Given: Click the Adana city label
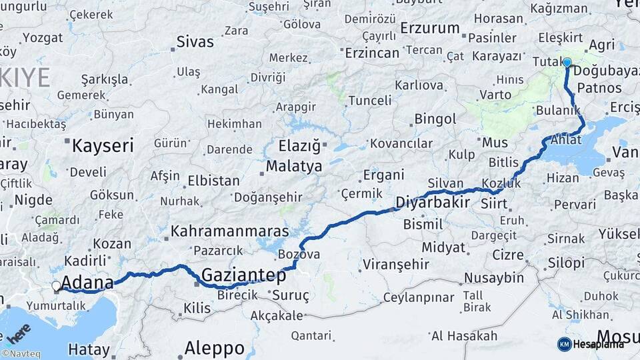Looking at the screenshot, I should pyautogui.click(x=87, y=283).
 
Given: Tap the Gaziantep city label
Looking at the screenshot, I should pyautogui.click(x=243, y=275).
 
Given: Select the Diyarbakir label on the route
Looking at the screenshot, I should pyautogui.click(x=433, y=201).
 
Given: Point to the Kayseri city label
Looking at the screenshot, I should pyautogui.click(x=103, y=145).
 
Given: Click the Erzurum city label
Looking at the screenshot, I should pyautogui.click(x=431, y=29).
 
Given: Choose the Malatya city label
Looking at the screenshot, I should pyautogui.click(x=294, y=166).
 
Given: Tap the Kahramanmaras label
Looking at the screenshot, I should pyautogui.click(x=230, y=231).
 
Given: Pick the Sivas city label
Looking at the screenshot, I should pyautogui.click(x=195, y=42).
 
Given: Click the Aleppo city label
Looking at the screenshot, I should pyautogui.click(x=214, y=347).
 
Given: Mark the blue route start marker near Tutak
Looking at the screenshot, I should pyautogui.click(x=567, y=63).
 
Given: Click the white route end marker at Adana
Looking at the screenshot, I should pyautogui.click(x=56, y=286).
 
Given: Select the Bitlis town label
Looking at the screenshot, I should pyautogui.click(x=503, y=162).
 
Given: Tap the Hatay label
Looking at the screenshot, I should pyautogui.click(x=88, y=349).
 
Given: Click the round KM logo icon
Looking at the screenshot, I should pyautogui.click(x=564, y=344).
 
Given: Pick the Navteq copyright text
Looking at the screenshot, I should pyautogui.click(x=21, y=354).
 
